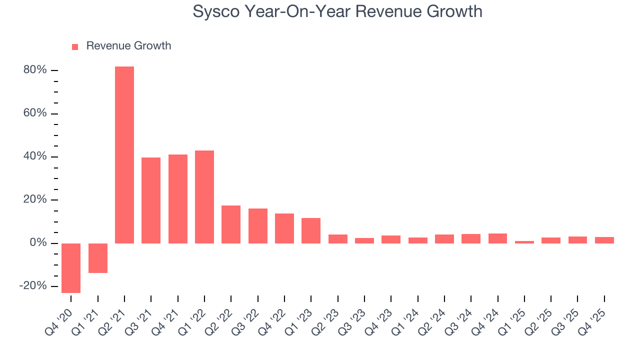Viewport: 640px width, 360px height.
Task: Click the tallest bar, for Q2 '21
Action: point(124,155)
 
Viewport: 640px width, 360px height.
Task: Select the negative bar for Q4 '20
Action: point(71,268)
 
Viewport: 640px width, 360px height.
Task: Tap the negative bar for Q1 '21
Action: point(98,258)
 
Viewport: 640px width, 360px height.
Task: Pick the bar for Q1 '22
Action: point(204,197)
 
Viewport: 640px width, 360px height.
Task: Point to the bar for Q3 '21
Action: point(151,200)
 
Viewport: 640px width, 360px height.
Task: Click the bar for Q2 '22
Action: point(231,224)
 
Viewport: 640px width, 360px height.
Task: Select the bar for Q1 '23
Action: point(311,230)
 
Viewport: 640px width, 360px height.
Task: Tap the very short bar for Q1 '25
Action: point(524,242)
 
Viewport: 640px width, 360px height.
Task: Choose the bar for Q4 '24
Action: point(497,238)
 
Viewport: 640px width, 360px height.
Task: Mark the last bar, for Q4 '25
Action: point(604,240)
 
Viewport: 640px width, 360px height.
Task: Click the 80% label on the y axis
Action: point(35,70)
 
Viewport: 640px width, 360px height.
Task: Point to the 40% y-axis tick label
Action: point(35,156)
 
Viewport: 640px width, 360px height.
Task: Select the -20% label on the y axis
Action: point(33,286)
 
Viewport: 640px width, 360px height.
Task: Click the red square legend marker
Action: point(75,46)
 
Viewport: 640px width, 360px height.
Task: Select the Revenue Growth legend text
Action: point(128,46)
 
